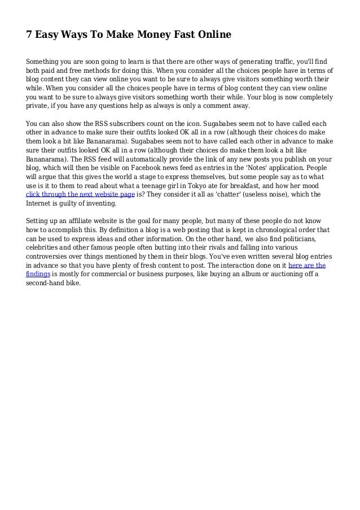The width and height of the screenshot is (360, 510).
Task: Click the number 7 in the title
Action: point(30,35)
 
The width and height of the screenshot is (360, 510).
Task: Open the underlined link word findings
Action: point(38,274)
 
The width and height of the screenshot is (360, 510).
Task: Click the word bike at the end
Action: point(73,284)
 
